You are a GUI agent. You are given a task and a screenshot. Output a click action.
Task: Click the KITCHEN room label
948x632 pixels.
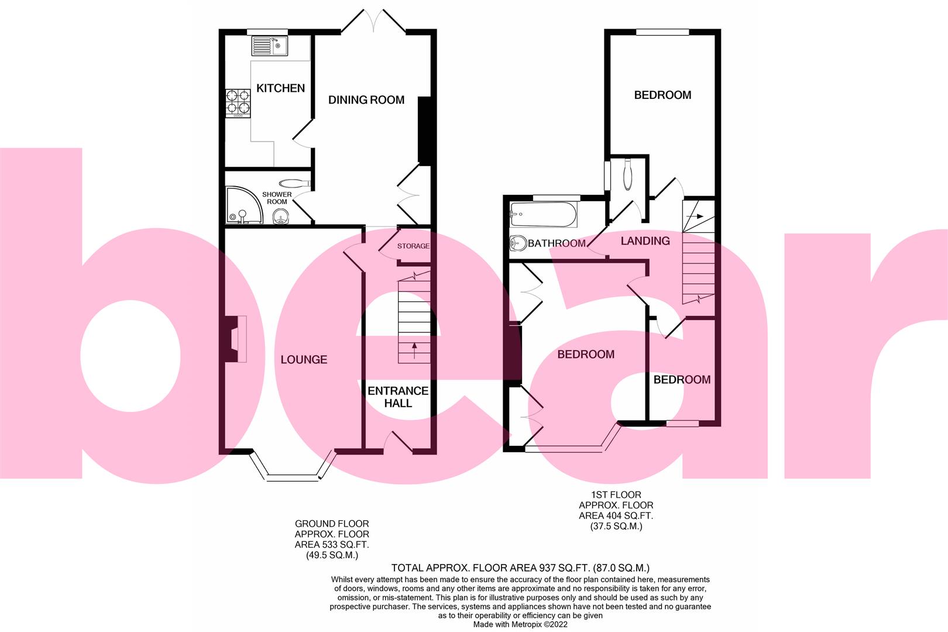click(281, 88)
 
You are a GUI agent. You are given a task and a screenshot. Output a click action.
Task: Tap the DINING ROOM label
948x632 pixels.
click(366, 100)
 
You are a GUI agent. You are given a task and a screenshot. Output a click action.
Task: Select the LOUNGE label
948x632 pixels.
click(304, 359)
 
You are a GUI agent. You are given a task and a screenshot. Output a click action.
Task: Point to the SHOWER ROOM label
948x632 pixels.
click(277, 198)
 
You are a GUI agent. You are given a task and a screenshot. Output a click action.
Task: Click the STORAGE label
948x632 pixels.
click(413, 246)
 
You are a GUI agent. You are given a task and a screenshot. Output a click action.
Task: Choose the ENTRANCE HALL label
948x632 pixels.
click(398, 397)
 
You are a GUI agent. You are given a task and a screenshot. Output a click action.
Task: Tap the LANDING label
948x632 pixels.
click(645, 241)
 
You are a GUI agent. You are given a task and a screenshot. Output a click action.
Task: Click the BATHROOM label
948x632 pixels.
click(557, 243)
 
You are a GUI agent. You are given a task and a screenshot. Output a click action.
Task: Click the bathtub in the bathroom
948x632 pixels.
click(544, 215)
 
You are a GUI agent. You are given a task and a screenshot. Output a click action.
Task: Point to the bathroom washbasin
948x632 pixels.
click(518, 242)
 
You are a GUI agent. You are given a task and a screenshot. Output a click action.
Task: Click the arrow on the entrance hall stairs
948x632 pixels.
click(414, 350)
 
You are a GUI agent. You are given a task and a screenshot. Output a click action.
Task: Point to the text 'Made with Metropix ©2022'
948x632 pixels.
click(520, 625)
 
